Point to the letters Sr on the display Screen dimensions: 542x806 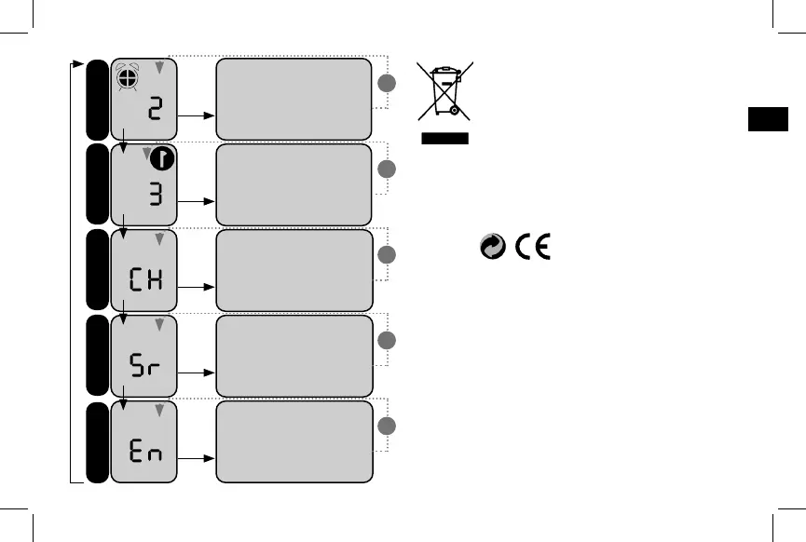coord(144,364)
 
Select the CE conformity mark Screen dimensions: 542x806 coord(532,247)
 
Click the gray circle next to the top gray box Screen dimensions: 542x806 coord(387,84)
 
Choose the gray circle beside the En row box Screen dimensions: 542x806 coord(387,427)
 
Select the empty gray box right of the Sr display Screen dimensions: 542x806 coord(294,355)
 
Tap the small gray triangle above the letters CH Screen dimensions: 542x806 coord(159,240)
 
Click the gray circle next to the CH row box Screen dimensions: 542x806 coord(387,255)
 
